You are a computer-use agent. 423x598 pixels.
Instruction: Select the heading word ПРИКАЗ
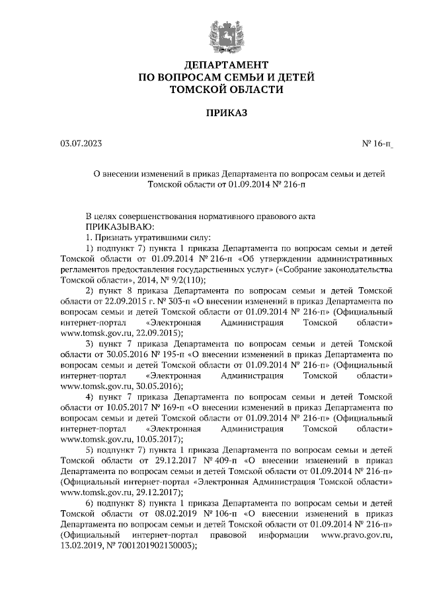(226, 114)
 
